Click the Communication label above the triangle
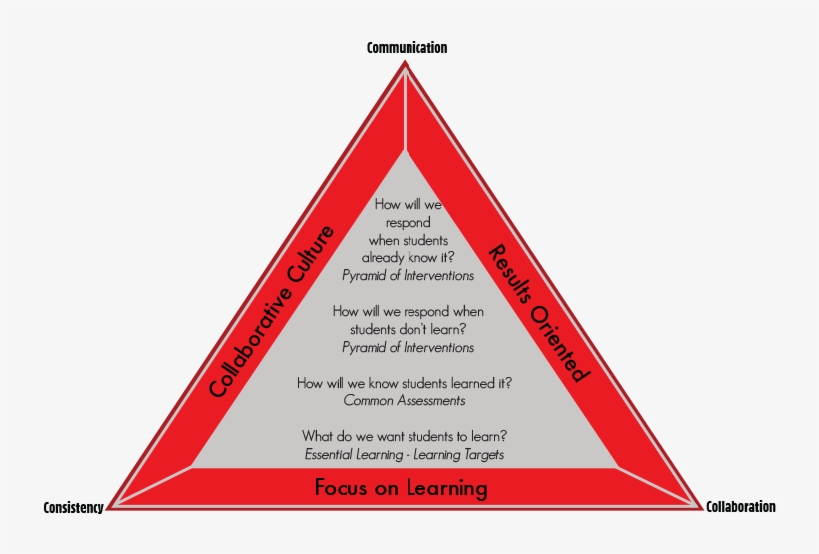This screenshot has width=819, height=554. pos(407,47)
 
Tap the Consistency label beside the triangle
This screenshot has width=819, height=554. pos(73,508)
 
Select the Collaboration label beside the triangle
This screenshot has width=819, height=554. pos(740,507)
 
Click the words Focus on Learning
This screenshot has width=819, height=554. pos(401,488)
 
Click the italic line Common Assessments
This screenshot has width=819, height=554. pos(404,400)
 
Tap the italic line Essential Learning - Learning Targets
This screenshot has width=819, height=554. pos(404,454)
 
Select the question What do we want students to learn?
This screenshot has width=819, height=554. pos(404,436)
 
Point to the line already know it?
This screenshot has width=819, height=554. pos(406,257)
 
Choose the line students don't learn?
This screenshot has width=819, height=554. pos(408,329)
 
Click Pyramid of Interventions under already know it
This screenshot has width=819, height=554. pos(408,275)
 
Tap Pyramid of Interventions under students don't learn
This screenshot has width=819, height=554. pos(408,347)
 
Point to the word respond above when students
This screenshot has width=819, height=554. pos(407,221)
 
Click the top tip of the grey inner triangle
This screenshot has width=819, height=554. pos(406,152)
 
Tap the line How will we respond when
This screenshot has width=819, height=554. pos(408,311)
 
